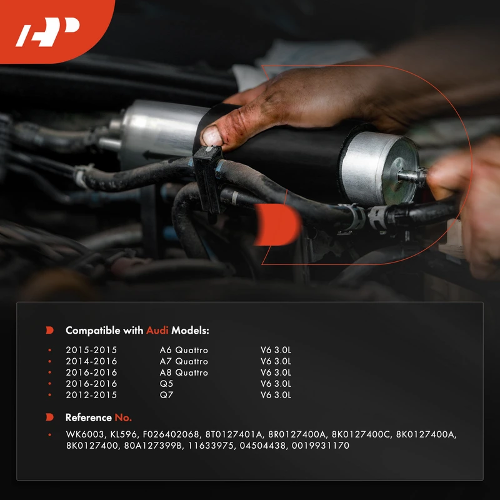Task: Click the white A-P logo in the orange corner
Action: (47, 32)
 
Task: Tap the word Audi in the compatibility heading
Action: (157, 331)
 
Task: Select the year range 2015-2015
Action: (91, 350)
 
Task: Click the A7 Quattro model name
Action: (184, 361)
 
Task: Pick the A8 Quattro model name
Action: (184, 372)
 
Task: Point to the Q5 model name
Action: (166, 384)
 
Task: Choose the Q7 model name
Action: (166, 395)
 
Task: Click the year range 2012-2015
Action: (91, 395)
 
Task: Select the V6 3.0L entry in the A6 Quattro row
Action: (276, 350)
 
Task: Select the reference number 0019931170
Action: (321, 446)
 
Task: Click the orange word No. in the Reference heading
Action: (123, 417)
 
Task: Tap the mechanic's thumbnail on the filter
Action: (212, 136)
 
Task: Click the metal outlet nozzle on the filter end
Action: (412, 176)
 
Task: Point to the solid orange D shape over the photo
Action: (277, 224)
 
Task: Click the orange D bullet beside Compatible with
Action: (49, 330)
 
